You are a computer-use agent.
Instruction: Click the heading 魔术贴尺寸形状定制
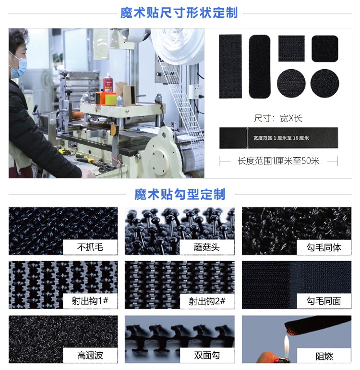179,12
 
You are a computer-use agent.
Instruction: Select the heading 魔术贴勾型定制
180,194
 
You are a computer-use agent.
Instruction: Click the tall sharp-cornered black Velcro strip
230,66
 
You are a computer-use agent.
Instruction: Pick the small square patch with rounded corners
324,49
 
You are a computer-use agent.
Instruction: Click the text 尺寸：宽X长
278,118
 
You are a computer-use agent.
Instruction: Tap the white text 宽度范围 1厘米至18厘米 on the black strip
281,138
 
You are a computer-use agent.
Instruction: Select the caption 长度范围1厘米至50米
278,161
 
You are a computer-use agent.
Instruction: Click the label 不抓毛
90,247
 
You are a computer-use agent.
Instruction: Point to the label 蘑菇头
207,247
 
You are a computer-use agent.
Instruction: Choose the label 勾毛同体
324,247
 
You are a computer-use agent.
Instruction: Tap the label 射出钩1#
90,301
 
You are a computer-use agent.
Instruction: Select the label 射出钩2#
207,301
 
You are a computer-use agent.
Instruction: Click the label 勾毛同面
324,301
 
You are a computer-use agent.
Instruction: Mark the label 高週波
90,356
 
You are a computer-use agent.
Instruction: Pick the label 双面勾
207,356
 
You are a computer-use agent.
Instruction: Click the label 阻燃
324,356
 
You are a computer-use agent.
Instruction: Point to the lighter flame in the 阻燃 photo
287,345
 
